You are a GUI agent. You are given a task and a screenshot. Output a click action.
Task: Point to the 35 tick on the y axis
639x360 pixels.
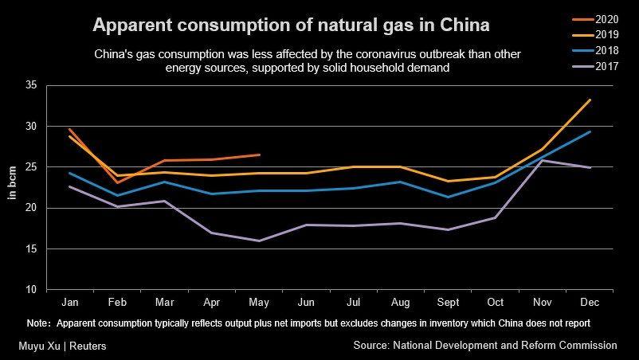tap(32, 85)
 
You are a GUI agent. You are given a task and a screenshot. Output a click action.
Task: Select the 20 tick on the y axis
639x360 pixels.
tap(32, 209)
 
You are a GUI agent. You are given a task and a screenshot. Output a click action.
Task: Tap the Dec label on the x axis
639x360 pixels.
tap(589, 303)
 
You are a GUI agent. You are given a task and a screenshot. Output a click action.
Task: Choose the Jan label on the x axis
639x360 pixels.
tap(70, 303)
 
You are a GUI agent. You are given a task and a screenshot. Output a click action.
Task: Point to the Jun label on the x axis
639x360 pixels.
tap(306, 303)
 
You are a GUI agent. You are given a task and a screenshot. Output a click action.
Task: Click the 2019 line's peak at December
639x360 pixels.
tap(589, 100)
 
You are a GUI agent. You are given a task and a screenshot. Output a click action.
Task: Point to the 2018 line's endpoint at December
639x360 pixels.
tap(589, 131)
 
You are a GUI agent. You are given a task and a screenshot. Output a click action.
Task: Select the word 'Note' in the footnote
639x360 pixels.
tap(37, 323)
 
